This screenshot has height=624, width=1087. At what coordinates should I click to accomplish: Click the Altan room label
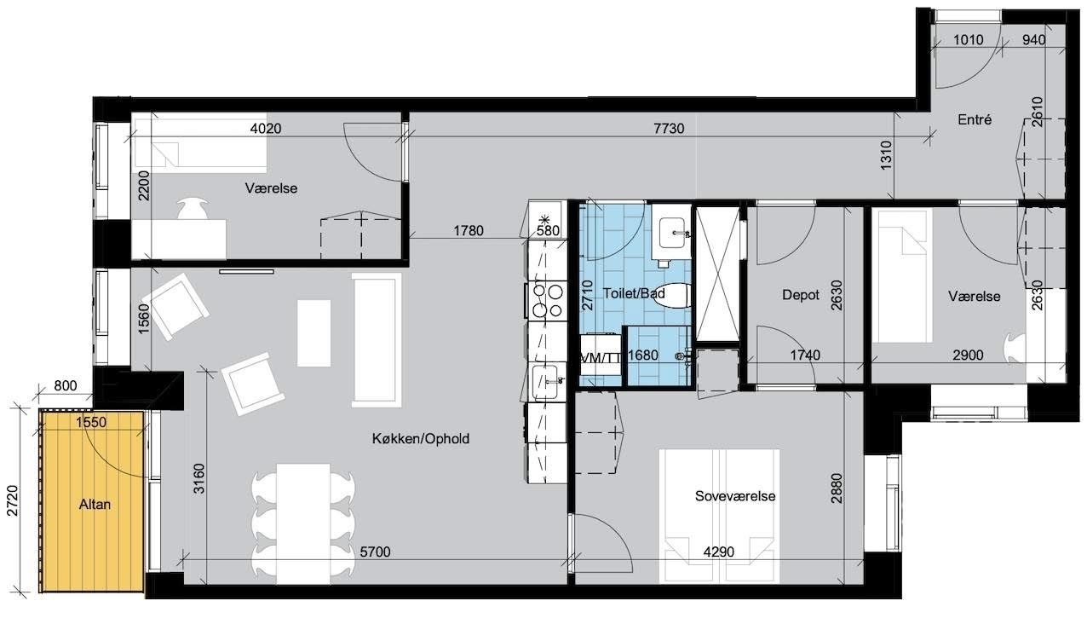pyautogui.click(x=95, y=505)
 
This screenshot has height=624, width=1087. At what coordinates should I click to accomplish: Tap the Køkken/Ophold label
pyautogui.click(x=421, y=439)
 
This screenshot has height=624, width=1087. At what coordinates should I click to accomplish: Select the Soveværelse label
pyautogui.click(x=735, y=496)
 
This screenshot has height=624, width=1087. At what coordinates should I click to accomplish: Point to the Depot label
pyautogui.click(x=801, y=295)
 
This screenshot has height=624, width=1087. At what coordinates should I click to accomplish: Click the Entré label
pyautogui.click(x=975, y=120)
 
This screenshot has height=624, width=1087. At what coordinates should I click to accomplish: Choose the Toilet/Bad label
pyautogui.click(x=634, y=293)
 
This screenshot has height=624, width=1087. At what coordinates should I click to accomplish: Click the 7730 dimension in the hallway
pyautogui.click(x=669, y=129)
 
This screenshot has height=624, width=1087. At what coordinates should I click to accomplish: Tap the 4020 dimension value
pyautogui.click(x=266, y=129)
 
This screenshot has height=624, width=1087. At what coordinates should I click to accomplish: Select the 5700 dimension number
pyautogui.click(x=375, y=552)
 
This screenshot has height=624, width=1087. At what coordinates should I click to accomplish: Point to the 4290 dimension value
pyautogui.click(x=719, y=552)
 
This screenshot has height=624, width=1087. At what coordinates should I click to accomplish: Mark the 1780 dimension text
pyautogui.click(x=469, y=231)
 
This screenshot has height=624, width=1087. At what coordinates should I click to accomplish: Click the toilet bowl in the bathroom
pyautogui.click(x=671, y=295)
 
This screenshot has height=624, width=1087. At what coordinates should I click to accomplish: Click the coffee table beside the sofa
pyautogui.click(x=314, y=333)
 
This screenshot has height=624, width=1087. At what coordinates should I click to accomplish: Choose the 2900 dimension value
pyautogui.click(x=968, y=355)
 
